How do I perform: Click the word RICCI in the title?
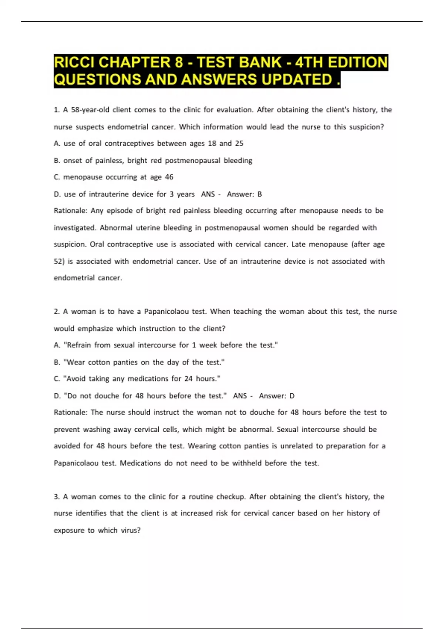(74, 62)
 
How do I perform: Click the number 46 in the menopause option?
(169, 177)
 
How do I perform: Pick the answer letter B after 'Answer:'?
(260, 194)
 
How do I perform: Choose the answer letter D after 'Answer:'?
(292, 396)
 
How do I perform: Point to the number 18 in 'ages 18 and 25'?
(212, 144)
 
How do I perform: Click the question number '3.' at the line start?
(57, 497)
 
